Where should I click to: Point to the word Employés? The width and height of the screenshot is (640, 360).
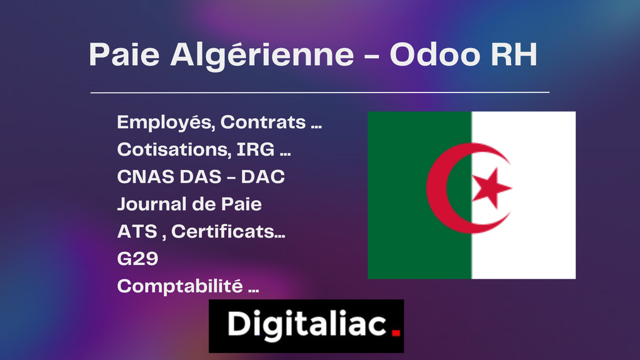point(165,123)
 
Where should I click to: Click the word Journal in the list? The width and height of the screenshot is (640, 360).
point(151,204)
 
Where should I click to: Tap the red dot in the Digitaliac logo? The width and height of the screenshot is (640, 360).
point(395,333)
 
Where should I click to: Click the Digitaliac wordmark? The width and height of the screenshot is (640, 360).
point(306,324)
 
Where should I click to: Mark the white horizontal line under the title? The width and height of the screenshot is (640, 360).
point(320,92)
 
